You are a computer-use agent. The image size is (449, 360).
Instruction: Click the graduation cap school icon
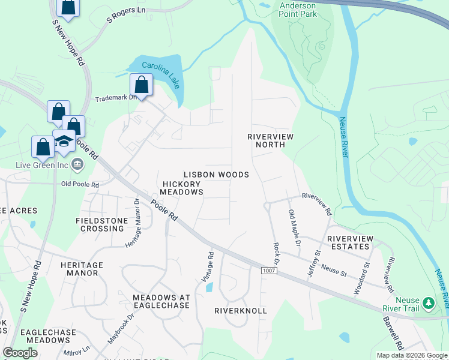click(x=64, y=141)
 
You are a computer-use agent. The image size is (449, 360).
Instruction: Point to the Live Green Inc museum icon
click(x=77, y=164)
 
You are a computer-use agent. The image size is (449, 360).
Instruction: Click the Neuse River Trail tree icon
click(x=429, y=303)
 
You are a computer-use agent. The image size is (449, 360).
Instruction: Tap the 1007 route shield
click(x=269, y=271)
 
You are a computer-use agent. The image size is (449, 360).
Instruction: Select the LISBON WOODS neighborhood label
click(x=216, y=175)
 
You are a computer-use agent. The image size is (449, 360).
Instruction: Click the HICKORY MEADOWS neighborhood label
click(x=181, y=187)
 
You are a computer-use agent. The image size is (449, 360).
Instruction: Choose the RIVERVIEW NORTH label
click(x=271, y=141)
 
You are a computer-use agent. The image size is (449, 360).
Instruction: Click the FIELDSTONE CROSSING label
click(x=101, y=224)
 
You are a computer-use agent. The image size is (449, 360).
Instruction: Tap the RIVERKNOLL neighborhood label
click(x=241, y=311)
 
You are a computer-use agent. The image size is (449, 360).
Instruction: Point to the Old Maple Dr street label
click(x=294, y=228)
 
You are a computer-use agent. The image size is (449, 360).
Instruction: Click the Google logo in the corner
click(x=20, y=353)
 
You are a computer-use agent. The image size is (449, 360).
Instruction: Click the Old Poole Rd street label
click(x=80, y=185)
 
